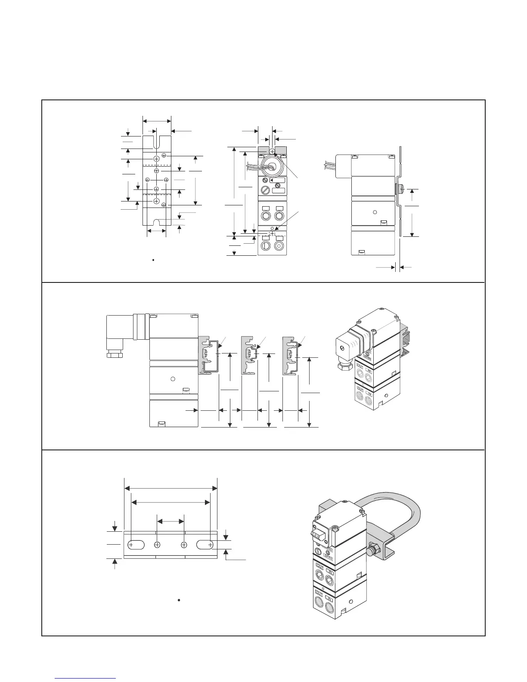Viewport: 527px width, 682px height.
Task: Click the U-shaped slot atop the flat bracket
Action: click(156, 141)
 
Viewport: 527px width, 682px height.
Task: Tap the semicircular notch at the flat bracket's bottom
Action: click(157, 223)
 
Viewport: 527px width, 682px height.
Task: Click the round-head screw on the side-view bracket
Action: click(399, 188)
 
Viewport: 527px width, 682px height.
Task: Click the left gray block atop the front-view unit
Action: click(263, 150)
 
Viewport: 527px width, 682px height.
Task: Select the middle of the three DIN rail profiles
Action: click(249, 355)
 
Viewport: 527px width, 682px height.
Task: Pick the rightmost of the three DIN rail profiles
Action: click(291, 355)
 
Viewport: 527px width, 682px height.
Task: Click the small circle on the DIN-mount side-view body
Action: click(173, 379)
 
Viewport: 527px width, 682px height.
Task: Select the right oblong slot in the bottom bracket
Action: click(205, 545)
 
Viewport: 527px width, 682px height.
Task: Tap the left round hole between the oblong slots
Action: click(157, 545)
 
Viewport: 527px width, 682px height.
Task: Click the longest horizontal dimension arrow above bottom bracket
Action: click(170, 488)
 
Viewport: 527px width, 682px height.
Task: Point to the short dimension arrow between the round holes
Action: click(170, 521)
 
